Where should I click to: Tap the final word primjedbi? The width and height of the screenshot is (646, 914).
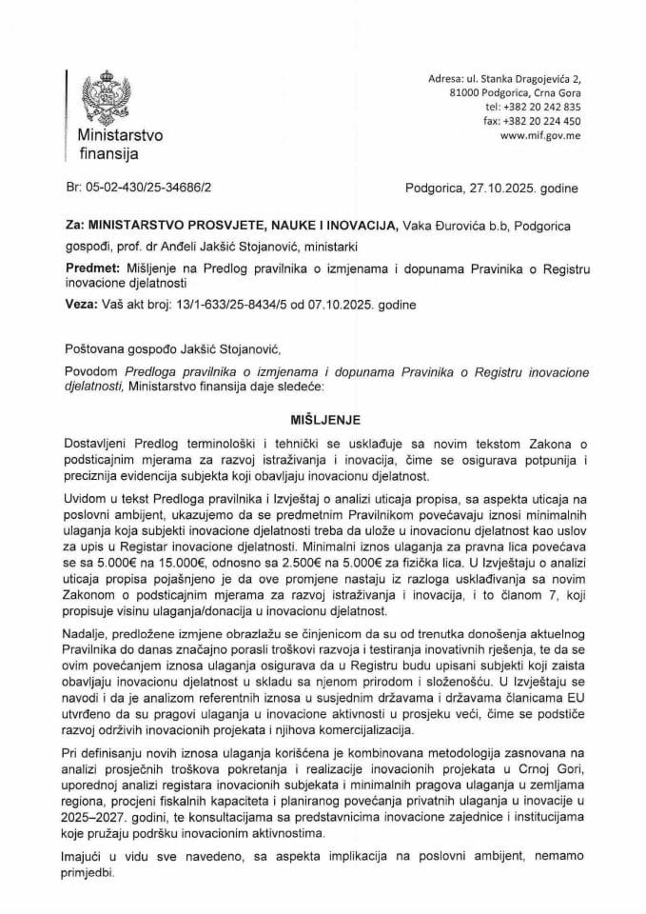click(93, 882)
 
